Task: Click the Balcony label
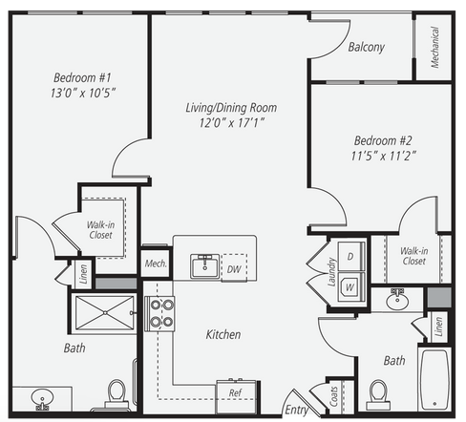(367, 47)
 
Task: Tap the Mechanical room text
(434, 47)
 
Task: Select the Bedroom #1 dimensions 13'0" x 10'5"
(83, 93)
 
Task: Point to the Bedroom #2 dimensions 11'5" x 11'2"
(384, 156)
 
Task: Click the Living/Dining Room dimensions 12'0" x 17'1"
(232, 122)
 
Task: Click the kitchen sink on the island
(205, 265)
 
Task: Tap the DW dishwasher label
(234, 269)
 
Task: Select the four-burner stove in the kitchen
(159, 314)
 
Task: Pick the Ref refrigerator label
(236, 392)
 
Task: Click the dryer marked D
(351, 257)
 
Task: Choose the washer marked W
(350, 287)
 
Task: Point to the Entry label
(296, 410)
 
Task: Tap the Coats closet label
(333, 396)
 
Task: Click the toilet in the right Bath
(379, 395)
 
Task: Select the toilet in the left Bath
(116, 394)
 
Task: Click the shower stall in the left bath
(105, 313)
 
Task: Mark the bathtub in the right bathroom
(434, 380)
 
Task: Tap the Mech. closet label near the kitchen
(156, 264)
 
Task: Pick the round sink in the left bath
(42, 398)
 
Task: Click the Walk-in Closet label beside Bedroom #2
(413, 256)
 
